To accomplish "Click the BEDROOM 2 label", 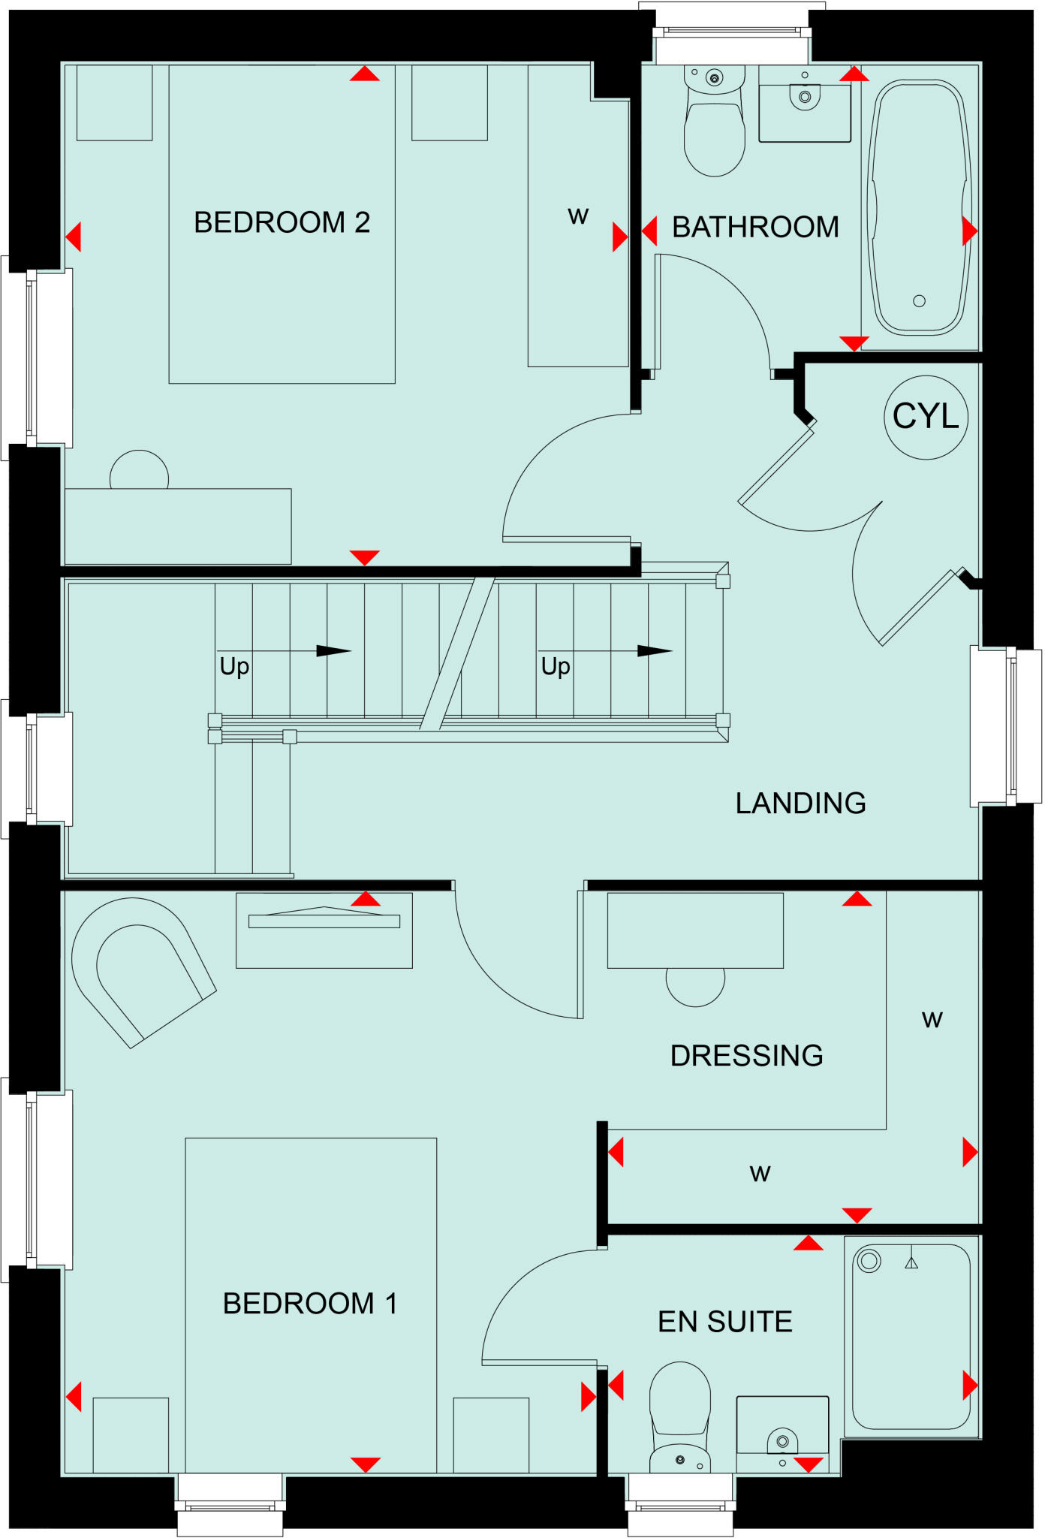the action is click(282, 222).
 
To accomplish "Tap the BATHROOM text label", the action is click(755, 227).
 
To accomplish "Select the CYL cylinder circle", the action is click(926, 418).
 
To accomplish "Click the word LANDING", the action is click(800, 803).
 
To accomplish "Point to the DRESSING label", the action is click(746, 1055).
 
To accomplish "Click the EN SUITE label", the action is click(725, 1322).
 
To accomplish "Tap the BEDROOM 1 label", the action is click(310, 1304).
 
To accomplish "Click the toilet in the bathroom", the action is click(715, 121).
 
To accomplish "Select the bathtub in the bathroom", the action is click(920, 208).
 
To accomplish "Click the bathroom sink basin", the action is click(805, 104).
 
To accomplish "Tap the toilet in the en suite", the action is click(679, 1418).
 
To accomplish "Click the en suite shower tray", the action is click(911, 1337).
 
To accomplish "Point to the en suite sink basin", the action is click(782, 1434).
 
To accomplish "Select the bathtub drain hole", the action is click(919, 301).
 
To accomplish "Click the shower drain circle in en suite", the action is click(869, 1261).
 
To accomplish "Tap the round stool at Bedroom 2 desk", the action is click(139, 470).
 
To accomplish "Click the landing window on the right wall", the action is click(1006, 726).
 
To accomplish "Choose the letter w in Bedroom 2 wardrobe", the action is click(578, 216).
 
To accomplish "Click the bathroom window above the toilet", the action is click(732, 32).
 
